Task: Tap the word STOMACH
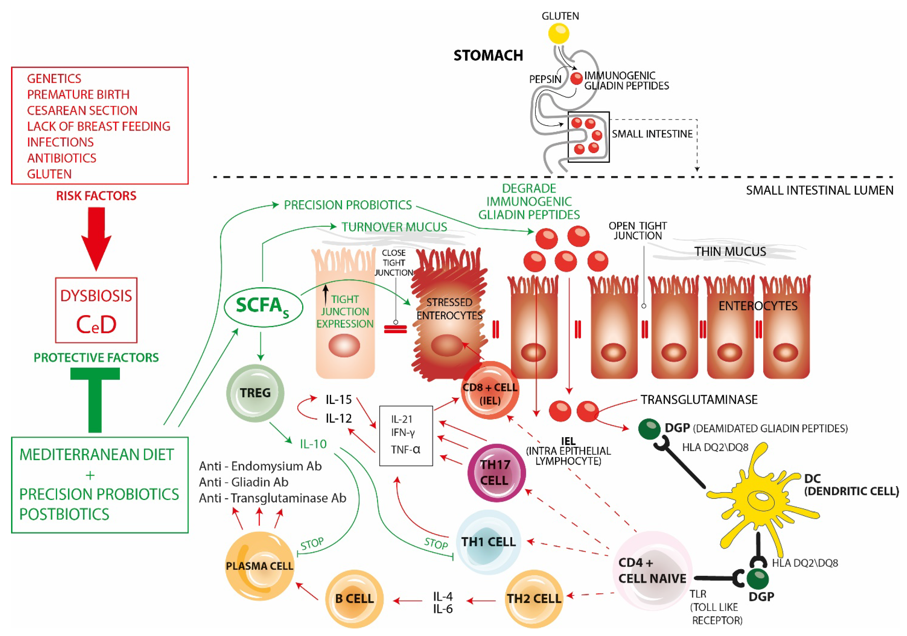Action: [488, 55]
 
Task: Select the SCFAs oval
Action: [263, 307]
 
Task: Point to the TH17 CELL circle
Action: [496, 473]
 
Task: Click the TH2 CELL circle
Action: [534, 598]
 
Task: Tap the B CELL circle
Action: [354, 598]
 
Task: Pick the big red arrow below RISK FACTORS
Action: [96, 237]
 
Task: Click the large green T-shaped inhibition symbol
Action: [95, 399]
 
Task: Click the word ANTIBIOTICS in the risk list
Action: [62, 158]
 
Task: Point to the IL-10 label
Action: [313, 444]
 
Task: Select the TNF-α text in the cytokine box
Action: [405, 449]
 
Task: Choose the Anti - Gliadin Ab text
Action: [244, 482]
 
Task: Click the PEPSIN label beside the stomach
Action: [545, 79]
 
